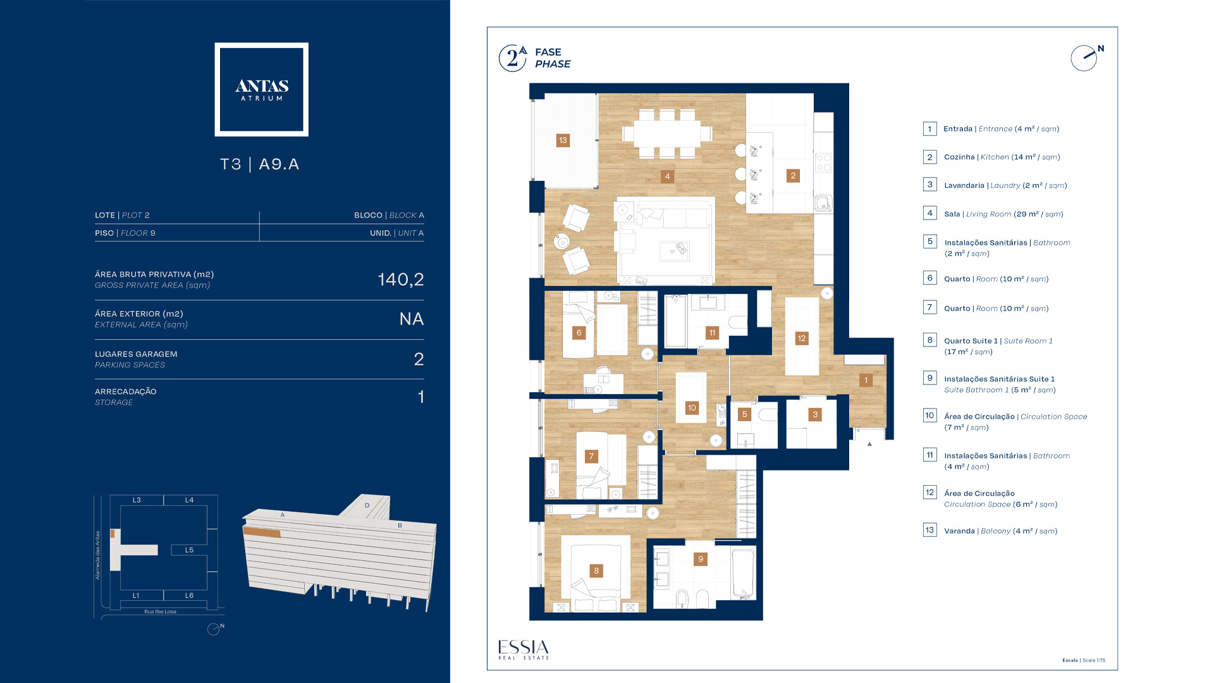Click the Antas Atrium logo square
(261, 89)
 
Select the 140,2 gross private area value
(401, 280)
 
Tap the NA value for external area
(412, 319)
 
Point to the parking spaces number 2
(419, 359)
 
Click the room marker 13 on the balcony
(563, 140)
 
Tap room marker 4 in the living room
(667, 176)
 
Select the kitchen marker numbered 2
(793, 176)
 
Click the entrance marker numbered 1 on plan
(866, 380)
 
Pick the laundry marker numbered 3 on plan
(815, 415)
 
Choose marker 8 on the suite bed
(596, 571)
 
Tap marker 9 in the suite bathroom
(701, 559)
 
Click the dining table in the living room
(667, 133)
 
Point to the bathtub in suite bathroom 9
(743, 574)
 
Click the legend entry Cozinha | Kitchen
(1002, 157)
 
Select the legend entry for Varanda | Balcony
(1000, 531)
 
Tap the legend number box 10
(929, 415)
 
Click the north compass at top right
(1086, 58)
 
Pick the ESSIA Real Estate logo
(524, 649)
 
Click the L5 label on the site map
(189, 550)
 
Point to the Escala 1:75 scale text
(1084, 660)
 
